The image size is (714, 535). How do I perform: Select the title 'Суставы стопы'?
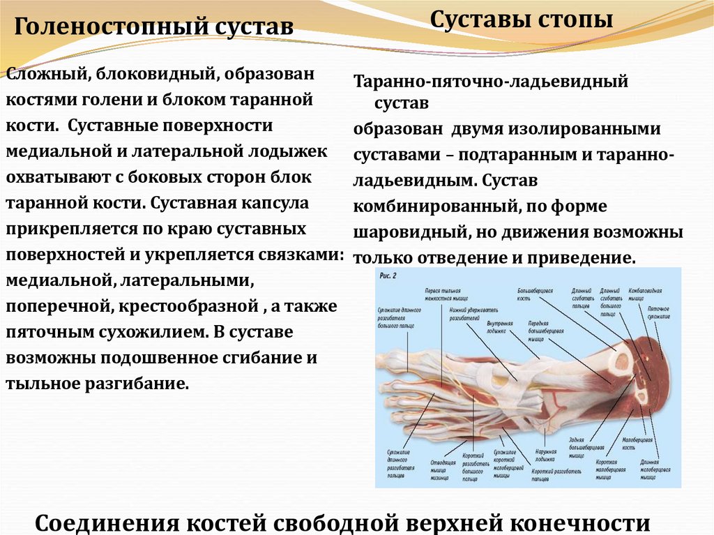(x=522, y=20)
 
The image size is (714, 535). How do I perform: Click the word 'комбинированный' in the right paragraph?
(x=434, y=206)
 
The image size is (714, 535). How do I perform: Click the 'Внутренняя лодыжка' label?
(x=500, y=328)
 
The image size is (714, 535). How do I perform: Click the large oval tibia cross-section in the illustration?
(x=618, y=360)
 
